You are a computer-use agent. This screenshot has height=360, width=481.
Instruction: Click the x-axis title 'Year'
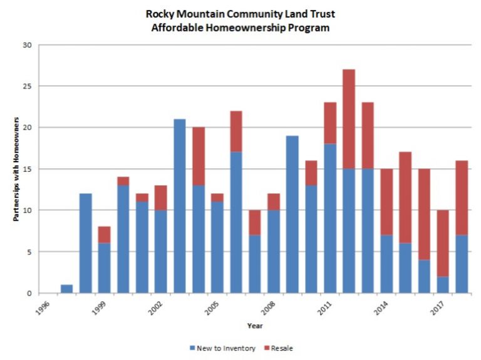click(254, 326)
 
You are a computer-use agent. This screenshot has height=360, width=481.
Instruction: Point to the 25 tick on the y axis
click(28, 86)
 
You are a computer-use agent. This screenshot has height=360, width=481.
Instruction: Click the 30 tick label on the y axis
click(28, 45)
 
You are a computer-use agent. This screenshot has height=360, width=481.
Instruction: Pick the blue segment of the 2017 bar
click(443, 284)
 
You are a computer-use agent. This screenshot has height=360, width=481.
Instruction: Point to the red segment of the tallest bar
click(349, 119)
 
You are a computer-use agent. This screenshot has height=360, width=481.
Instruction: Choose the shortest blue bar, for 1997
click(66, 289)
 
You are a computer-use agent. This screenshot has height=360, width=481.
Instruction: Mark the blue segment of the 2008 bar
click(274, 251)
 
